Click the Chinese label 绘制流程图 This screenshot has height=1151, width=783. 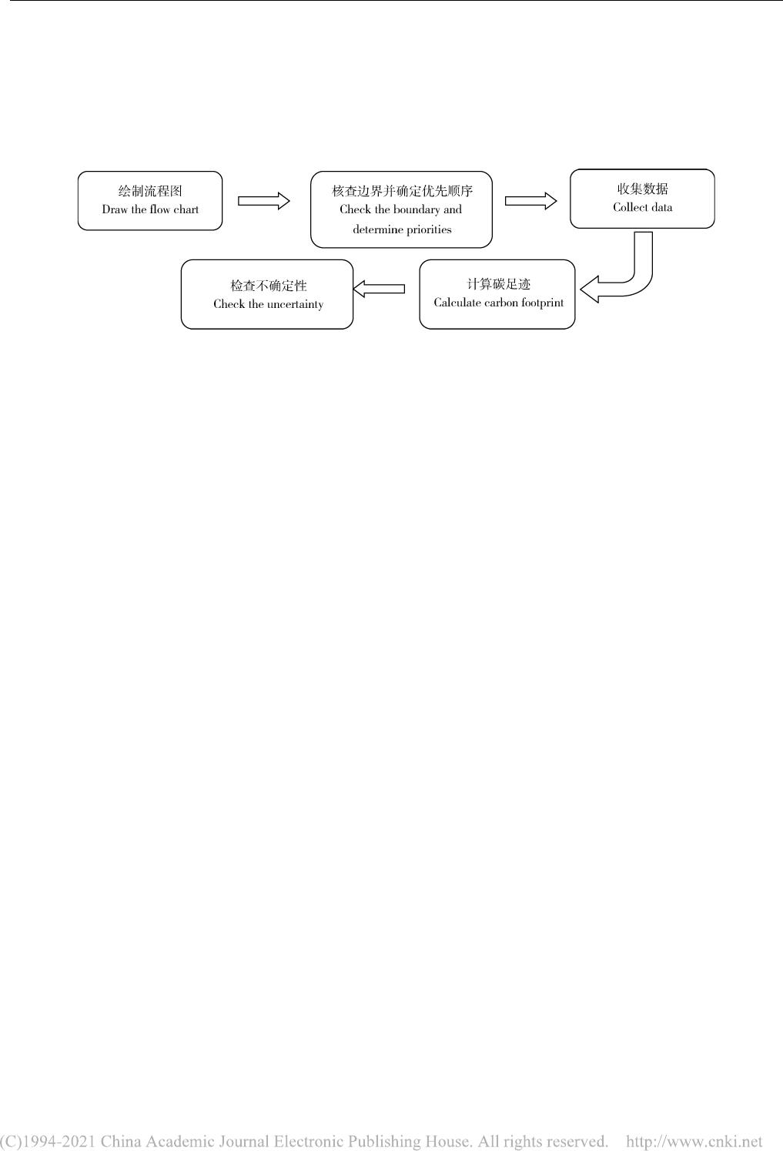pyautogui.click(x=150, y=191)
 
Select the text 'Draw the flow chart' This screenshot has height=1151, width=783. pyautogui.click(x=150, y=209)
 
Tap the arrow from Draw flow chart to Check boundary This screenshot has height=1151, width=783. pyautogui.click(x=263, y=201)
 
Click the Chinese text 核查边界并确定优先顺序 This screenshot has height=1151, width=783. pyautogui.click(x=403, y=191)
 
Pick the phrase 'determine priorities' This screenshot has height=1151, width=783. pyautogui.click(x=403, y=229)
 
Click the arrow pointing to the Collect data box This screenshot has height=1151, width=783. pyautogui.click(x=530, y=201)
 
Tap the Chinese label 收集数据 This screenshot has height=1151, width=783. pyautogui.click(x=643, y=189)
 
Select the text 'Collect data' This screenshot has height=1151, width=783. pyautogui.click(x=643, y=208)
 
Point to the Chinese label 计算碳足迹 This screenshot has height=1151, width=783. pyautogui.click(x=498, y=284)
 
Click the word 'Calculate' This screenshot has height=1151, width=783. pyautogui.click(x=457, y=303)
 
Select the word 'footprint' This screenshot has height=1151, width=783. pyautogui.click(x=543, y=303)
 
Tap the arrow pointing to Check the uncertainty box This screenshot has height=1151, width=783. pyautogui.click(x=379, y=289)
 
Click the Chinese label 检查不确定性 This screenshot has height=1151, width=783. pyautogui.click(x=268, y=286)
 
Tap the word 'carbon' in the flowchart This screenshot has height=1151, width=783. pyautogui.click(x=501, y=303)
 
